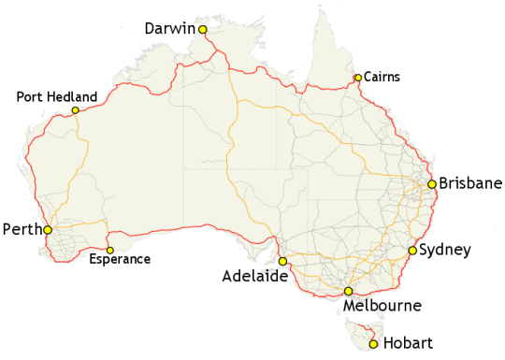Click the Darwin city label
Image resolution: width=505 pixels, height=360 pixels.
coord(169,29)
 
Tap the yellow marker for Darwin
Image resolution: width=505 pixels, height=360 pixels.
coord(202,30)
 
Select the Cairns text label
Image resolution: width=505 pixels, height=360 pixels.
coord(381,78)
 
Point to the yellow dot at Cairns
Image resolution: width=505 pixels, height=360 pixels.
coord(358,78)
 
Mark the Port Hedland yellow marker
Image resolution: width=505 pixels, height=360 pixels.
coord(75,111)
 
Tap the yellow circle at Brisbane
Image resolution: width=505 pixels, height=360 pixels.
coord(432,184)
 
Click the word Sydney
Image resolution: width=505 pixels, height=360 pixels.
coord(445,250)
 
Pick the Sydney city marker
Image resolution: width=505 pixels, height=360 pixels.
coord(412,251)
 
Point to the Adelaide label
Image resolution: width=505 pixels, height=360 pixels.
coord(253,277)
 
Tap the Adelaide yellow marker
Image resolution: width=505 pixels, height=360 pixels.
coord(283,262)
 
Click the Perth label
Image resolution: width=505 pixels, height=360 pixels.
coord(21,229)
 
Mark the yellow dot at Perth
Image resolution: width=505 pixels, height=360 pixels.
coord(47,228)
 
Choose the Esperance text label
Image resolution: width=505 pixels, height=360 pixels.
coord(119,259)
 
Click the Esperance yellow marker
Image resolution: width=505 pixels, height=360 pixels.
coord(109,250)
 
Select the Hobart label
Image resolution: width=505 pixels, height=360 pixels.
coord(409,344)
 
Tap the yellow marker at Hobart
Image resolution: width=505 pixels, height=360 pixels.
coord(374,344)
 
